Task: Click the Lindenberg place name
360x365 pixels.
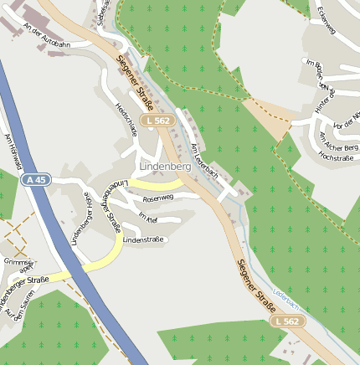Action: click(166, 167)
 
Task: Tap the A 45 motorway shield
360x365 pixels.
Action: click(36, 179)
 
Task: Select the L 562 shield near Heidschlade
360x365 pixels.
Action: click(157, 121)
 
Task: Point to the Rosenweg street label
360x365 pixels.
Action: click(158, 198)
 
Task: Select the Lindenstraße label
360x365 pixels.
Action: click(143, 240)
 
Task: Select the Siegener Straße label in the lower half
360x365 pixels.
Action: click(256, 283)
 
